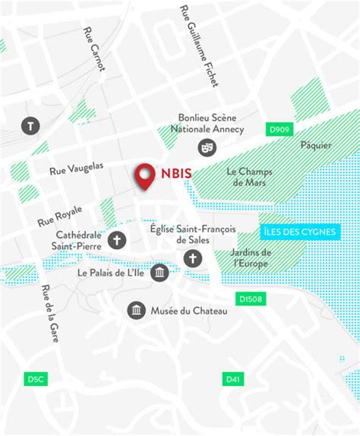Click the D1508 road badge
coord(251,299)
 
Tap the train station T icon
coord(31,126)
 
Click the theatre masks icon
coord(205,147)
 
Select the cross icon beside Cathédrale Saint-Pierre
coord(117,241)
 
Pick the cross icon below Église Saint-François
coord(192,259)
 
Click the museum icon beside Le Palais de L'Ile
coord(159,272)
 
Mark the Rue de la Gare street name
coord(51,313)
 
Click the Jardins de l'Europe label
coord(252,257)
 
